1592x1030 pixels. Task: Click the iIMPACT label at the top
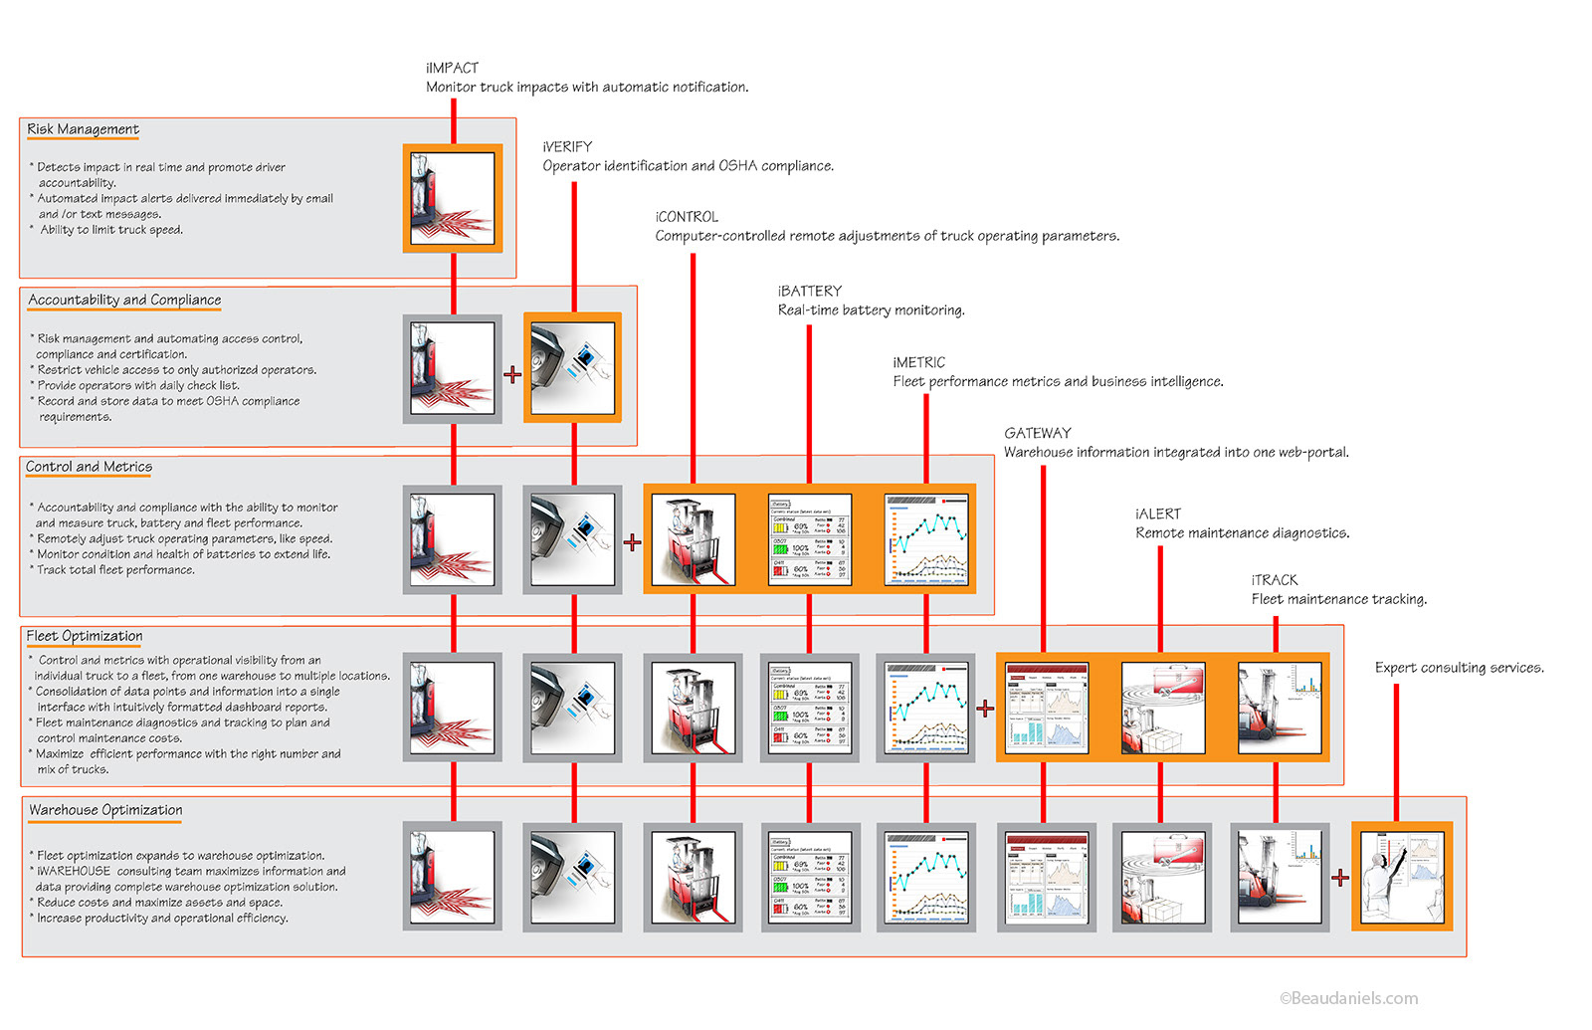pyautogui.click(x=452, y=68)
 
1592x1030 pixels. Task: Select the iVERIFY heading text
pyautogui.click(x=567, y=146)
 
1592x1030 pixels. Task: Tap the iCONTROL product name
pyautogui.click(x=687, y=217)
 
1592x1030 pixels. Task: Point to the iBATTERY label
pyautogui.click(x=809, y=291)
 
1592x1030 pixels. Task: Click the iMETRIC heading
pyautogui.click(x=918, y=362)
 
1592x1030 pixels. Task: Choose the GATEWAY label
pyautogui.click(x=1038, y=433)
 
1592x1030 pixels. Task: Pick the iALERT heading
pyautogui.click(x=1158, y=514)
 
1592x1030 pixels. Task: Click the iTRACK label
pyautogui.click(x=1275, y=579)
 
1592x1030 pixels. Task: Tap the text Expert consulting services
pyautogui.click(x=1459, y=668)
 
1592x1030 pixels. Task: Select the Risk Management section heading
pyautogui.click(x=83, y=129)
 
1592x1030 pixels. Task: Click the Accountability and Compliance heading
pyautogui.click(x=124, y=300)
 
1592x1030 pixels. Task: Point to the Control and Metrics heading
pyautogui.click(x=89, y=467)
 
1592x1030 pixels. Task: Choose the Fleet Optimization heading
pyautogui.click(x=85, y=636)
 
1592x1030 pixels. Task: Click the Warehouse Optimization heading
pyautogui.click(x=105, y=810)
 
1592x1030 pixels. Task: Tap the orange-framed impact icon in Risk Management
pyautogui.click(x=453, y=198)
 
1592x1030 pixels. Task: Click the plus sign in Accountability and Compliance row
pyautogui.click(x=512, y=374)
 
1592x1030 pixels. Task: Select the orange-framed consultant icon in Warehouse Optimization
pyautogui.click(x=1402, y=876)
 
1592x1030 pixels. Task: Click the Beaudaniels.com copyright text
pyautogui.click(x=1348, y=998)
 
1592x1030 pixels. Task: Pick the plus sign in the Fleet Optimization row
pyautogui.click(x=985, y=708)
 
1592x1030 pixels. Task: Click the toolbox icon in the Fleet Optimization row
pyautogui.click(x=1162, y=708)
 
